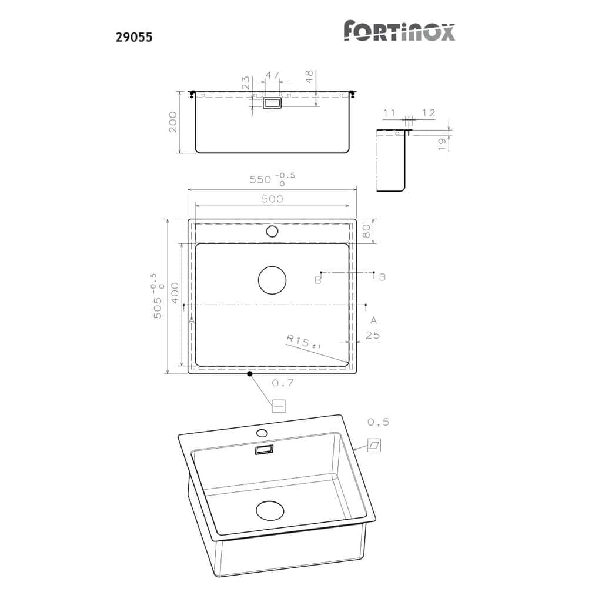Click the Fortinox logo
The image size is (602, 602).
pos(399,31)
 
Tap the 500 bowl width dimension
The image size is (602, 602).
pos(272,199)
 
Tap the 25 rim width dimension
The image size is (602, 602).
pos(372,336)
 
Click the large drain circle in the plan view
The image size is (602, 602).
pos(272,280)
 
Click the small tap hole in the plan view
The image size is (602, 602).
pos(272,231)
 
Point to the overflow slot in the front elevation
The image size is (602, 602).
pos(272,103)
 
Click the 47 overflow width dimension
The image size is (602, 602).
pos(272,75)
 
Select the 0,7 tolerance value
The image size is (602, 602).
pos(283,383)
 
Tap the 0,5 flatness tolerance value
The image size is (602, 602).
pos(378,422)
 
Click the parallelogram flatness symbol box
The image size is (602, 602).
pos(374,445)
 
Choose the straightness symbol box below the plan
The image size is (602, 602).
pos(278,406)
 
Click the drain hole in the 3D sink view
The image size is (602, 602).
pos(270,510)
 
